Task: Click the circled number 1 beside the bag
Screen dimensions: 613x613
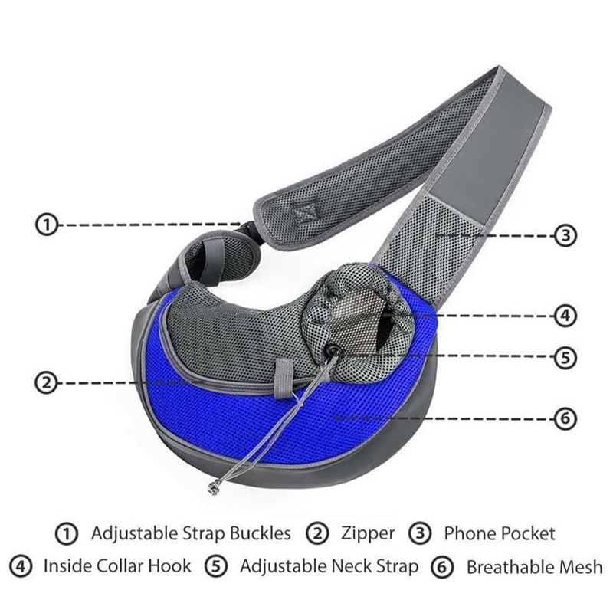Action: tap(47, 225)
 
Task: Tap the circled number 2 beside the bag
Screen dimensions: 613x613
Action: tap(46, 382)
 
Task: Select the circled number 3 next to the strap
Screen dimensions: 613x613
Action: tap(565, 236)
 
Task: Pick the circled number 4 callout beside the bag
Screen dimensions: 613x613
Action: tap(565, 316)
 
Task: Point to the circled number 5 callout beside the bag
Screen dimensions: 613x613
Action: tap(565, 357)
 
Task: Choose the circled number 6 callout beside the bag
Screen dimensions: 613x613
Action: tap(565, 419)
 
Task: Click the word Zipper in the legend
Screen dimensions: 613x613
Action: tap(368, 534)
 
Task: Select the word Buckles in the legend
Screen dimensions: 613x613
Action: tap(260, 533)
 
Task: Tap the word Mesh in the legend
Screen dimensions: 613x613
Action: tap(581, 567)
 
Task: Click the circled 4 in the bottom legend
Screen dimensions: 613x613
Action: tap(21, 566)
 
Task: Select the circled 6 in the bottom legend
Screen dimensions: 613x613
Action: tap(442, 567)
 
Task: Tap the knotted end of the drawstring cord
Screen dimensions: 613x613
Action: tap(213, 488)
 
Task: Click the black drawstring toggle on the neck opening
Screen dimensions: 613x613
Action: tap(333, 349)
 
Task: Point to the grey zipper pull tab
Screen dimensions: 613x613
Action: tap(284, 379)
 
